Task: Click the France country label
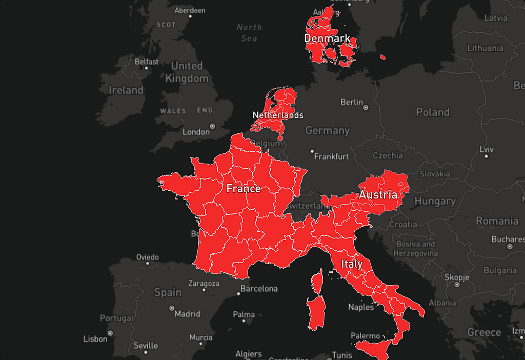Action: [x=244, y=188]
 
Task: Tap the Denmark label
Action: [x=327, y=38]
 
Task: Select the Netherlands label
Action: [x=278, y=115]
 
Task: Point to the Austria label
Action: [x=378, y=195]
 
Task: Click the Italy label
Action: [x=352, y=264]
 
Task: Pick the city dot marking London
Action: [x=212, y=126]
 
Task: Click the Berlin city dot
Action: [x=366, y=108]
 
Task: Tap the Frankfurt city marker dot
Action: [x=312, y=151]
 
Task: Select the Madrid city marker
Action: [x=172, y=308]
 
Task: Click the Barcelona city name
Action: [x=259, y=289]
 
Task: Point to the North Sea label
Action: [x=249, y=32]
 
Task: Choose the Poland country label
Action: [x=433, y=112]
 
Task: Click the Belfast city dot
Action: [x=146, y=68]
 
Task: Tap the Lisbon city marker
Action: [x=110, y=333]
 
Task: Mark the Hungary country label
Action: [x=435, y=201]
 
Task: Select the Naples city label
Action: [x=361, y=307]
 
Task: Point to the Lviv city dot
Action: [x=486, y=156]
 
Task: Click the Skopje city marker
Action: [x=456, y=285]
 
